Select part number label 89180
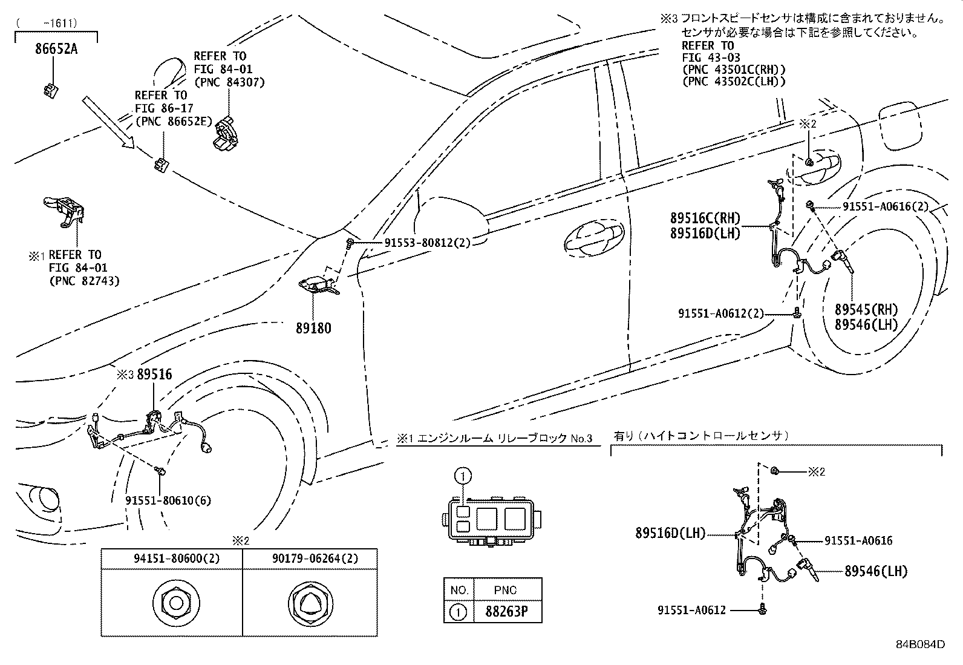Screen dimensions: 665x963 (313, 329)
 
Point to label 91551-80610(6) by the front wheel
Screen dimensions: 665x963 (168, 500)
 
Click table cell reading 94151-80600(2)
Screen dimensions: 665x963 (171, 559)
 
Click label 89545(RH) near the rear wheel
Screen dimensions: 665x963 (866, 310)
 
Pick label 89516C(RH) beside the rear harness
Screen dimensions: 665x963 (705, 218)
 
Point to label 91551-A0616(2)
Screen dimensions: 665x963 (886, 207)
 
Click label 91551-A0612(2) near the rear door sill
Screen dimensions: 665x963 (720, 313)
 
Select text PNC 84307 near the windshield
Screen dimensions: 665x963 (229, 82)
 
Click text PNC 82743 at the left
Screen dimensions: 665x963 (84, 281)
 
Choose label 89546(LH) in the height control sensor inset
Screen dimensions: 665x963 (876, 571)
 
